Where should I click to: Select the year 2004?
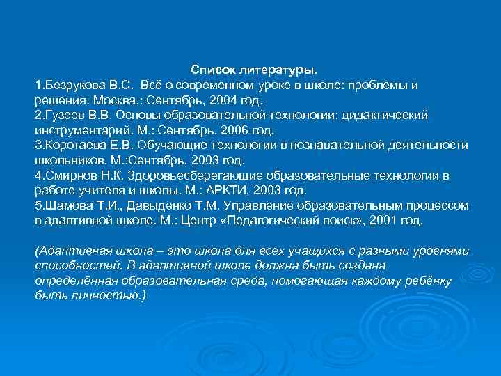(212, 100)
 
